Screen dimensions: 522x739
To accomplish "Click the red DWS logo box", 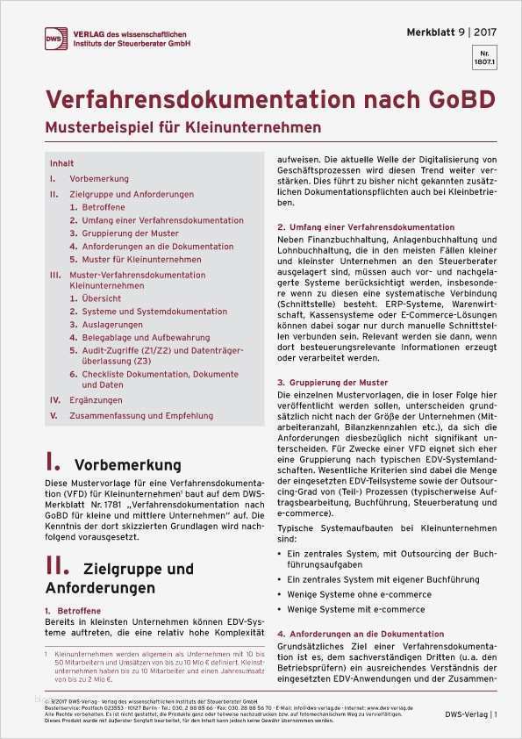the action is coord(59,38).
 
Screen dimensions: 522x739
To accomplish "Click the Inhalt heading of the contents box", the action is coord(61,163).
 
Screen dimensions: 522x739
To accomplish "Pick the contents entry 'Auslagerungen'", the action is coord(111,325).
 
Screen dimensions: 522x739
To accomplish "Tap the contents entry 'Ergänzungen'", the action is coord(94,399).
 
